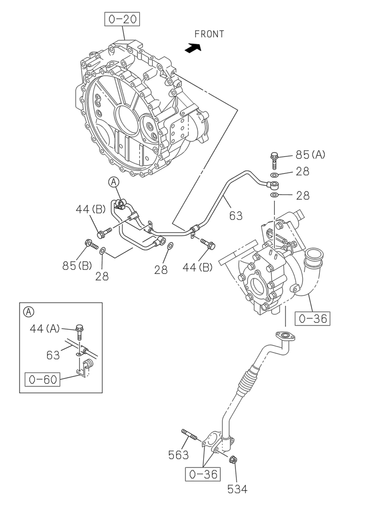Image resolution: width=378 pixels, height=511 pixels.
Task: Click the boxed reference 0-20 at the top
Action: tap(123, 20)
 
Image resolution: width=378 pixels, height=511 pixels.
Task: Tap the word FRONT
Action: tap(209, 34)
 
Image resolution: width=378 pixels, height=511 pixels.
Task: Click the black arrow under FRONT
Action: tap(193, 48)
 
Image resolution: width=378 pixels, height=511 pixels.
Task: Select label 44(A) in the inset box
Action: tap(44, 329)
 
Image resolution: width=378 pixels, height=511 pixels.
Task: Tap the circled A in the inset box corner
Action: tap(29, 311)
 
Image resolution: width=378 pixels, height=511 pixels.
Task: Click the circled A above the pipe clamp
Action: tap(113, 181)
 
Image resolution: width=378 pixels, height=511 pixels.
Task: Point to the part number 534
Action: tap(237, 489)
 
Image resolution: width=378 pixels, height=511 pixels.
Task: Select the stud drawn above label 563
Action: tap(188, 435)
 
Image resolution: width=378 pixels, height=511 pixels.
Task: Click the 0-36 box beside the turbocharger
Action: tap(313, 319)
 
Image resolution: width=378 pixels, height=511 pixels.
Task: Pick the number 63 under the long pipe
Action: tap(235, 216)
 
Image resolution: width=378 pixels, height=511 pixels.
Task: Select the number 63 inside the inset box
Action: tap(53, 355)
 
